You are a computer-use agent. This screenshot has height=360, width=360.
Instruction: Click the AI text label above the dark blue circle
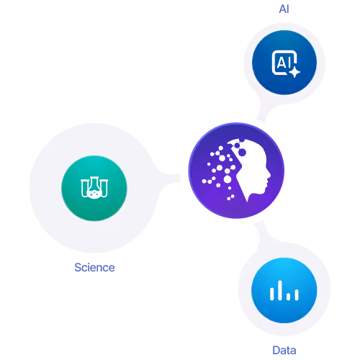284,9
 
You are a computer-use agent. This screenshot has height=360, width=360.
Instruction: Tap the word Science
94,267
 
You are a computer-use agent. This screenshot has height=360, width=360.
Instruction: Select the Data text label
284,350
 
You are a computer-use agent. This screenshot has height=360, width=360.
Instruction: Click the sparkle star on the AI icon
294,72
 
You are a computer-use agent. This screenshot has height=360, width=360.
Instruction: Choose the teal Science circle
94,188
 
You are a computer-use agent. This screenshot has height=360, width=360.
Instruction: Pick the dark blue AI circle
284,63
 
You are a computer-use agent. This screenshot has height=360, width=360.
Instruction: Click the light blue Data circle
284,290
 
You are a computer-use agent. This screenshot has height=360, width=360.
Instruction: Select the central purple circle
236,171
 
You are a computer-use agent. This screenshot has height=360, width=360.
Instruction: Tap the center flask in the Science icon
94,188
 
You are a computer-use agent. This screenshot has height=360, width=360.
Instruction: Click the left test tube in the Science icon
84,188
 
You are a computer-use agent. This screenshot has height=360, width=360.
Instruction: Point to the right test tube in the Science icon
104,188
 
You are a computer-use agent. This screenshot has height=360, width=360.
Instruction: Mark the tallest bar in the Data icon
279,290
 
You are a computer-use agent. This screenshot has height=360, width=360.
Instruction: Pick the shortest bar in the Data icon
289,296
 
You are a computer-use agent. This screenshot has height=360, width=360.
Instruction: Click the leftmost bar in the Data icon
272,294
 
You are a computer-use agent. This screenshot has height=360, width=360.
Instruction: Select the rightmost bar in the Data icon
297,294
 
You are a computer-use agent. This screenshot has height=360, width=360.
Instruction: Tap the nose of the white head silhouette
269,176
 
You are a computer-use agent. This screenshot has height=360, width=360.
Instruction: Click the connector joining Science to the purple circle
168,178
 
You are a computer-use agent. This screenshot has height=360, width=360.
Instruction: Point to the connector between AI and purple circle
261,114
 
